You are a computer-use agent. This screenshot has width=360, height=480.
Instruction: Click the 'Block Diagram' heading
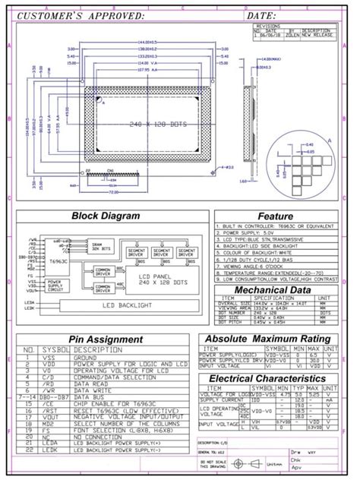pyautogui.click(x=106, y=216)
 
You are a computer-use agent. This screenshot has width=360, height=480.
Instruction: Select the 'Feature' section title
pyautogui.click(x=274, y=216)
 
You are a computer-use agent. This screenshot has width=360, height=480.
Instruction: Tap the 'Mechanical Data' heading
pyautogui.click(x=272, y=290)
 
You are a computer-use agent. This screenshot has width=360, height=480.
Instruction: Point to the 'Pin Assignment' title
pyautogui.click(x=106, y=339)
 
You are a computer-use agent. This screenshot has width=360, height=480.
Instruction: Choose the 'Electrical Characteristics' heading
pyautogui.click(x=267, y=377)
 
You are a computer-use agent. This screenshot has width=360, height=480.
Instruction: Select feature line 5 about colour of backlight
pyautogui.click(x=259, y=251)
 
